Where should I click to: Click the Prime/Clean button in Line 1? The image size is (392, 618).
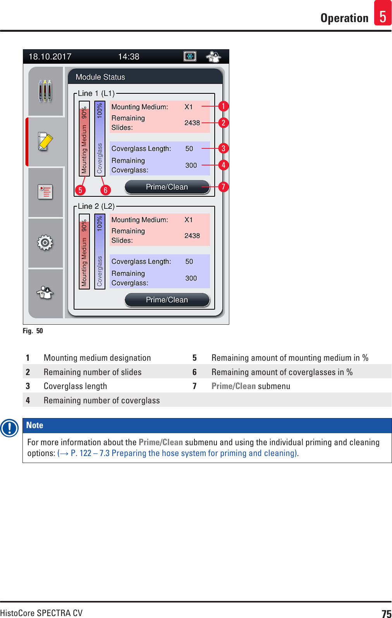coord(167,187)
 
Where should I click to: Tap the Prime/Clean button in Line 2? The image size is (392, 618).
coord(167,300)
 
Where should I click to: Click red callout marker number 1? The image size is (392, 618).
coord(223,106)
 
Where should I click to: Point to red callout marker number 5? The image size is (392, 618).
coord(80,190)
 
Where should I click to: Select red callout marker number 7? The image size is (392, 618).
coord(223,187)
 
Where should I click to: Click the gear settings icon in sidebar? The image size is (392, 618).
coord(45,243)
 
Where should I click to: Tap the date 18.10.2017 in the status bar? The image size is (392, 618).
coord(50,57)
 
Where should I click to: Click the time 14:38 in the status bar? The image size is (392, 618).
coord(129,57)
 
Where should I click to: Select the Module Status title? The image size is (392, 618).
coord(100,77)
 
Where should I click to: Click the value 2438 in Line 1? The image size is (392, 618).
coord(192,123)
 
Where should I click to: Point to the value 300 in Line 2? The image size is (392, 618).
coord(191,278)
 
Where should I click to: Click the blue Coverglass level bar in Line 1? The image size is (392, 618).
coord(100,138)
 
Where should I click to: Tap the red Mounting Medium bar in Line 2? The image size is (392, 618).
coord(84,251)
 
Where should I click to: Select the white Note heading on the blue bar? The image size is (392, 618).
coord(35,425)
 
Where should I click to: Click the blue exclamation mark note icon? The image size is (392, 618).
coord(9,428)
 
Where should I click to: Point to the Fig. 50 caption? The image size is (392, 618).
coord(33,331)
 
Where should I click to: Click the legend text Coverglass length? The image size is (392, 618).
coord(75,386)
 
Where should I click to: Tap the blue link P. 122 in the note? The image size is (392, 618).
coord(81,453)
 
